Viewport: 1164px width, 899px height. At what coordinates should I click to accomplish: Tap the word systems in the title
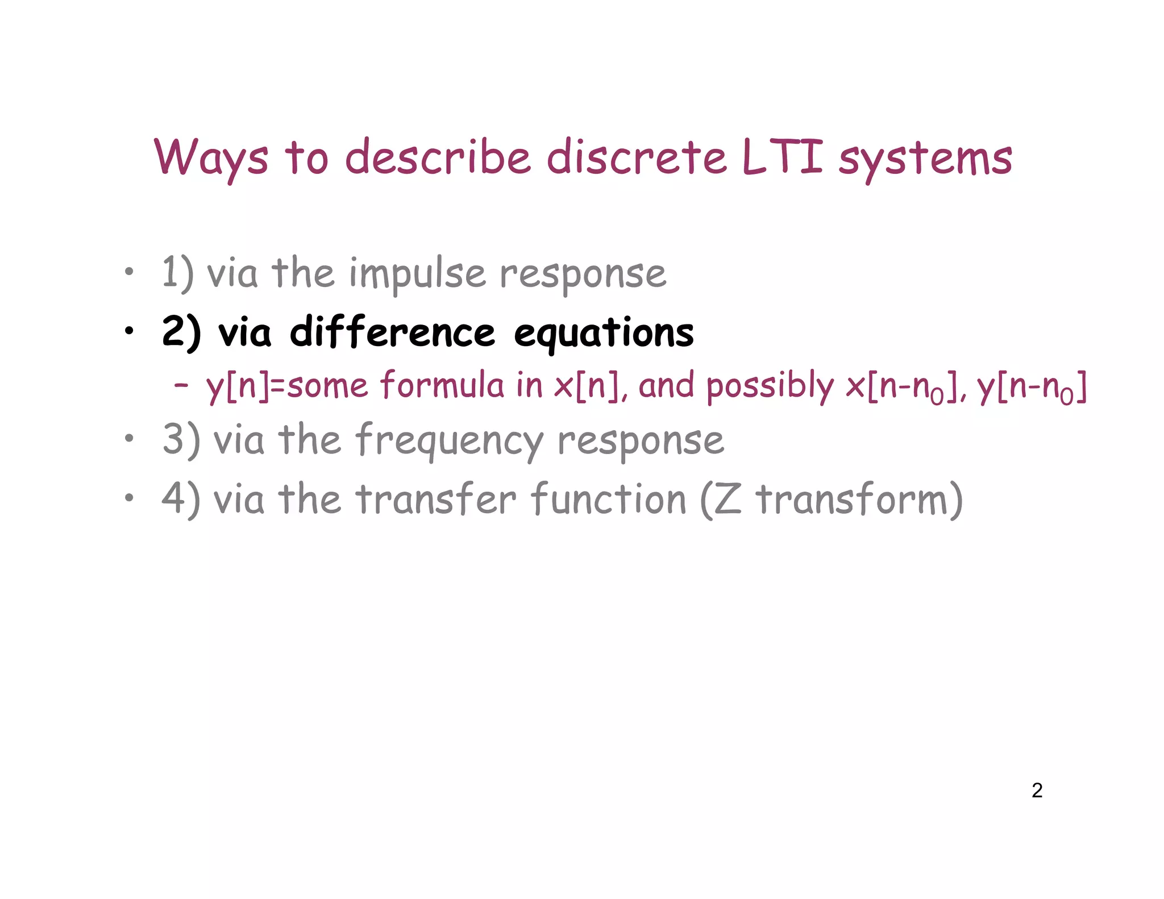[925, 159]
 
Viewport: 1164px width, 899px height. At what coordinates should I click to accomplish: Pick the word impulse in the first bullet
[417, 274]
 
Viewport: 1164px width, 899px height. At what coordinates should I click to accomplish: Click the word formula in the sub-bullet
[442, 385]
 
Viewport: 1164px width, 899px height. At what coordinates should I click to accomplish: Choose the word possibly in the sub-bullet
[770, 386]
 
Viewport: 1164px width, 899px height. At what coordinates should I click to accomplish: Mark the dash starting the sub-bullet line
[181, 385]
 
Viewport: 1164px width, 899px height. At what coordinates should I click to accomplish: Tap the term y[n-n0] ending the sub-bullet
[1031, 387]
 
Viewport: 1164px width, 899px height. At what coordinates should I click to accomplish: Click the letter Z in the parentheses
[728, 500]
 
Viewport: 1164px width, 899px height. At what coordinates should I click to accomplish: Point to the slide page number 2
[1037, 790]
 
